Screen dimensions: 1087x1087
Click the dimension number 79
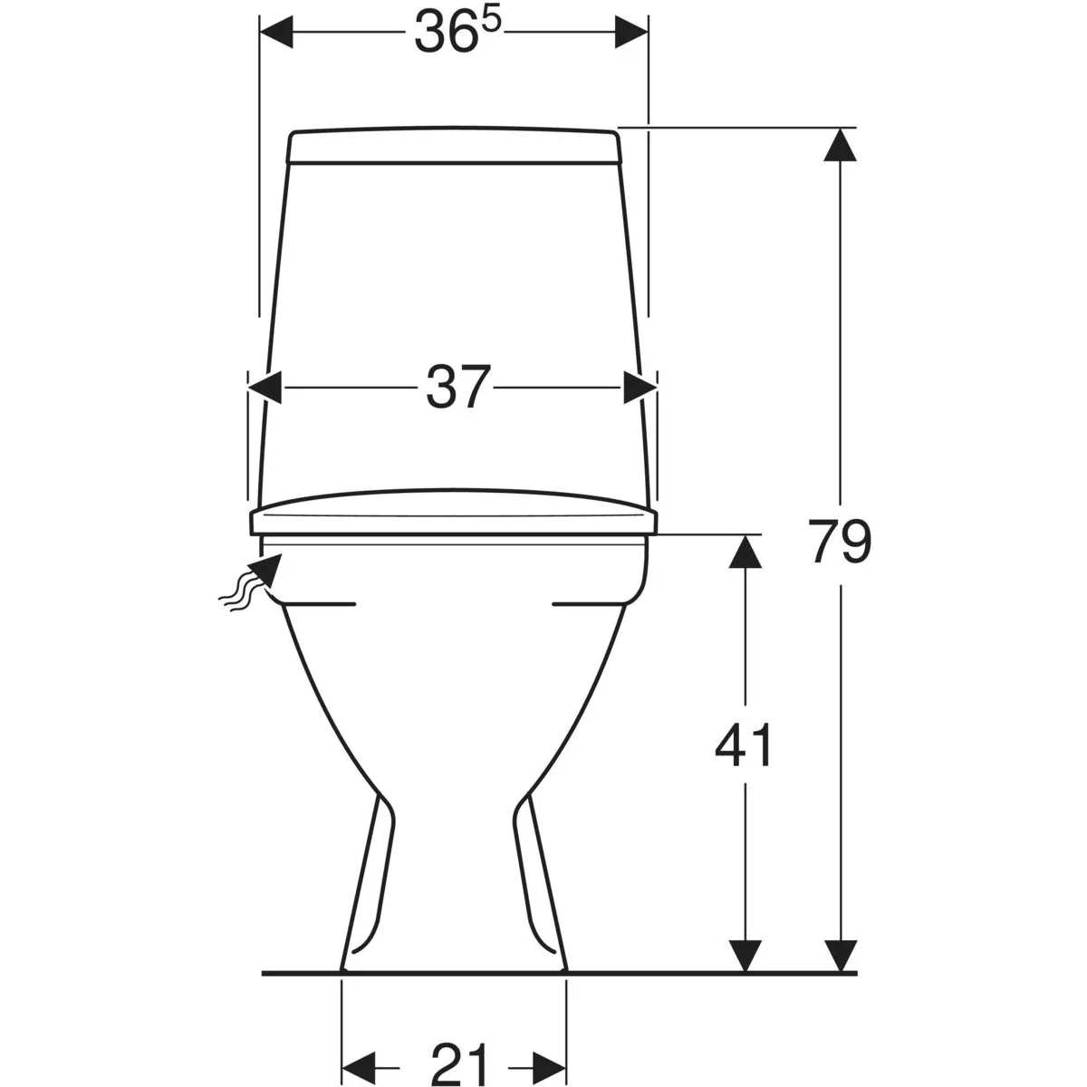840,541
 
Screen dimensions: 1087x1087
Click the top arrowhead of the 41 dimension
746,551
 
